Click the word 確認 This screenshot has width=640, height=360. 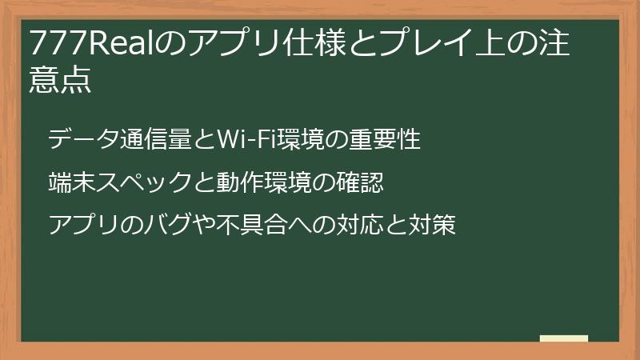click(x=365, y=183)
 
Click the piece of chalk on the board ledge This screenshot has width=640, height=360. click(x=564, y=338)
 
